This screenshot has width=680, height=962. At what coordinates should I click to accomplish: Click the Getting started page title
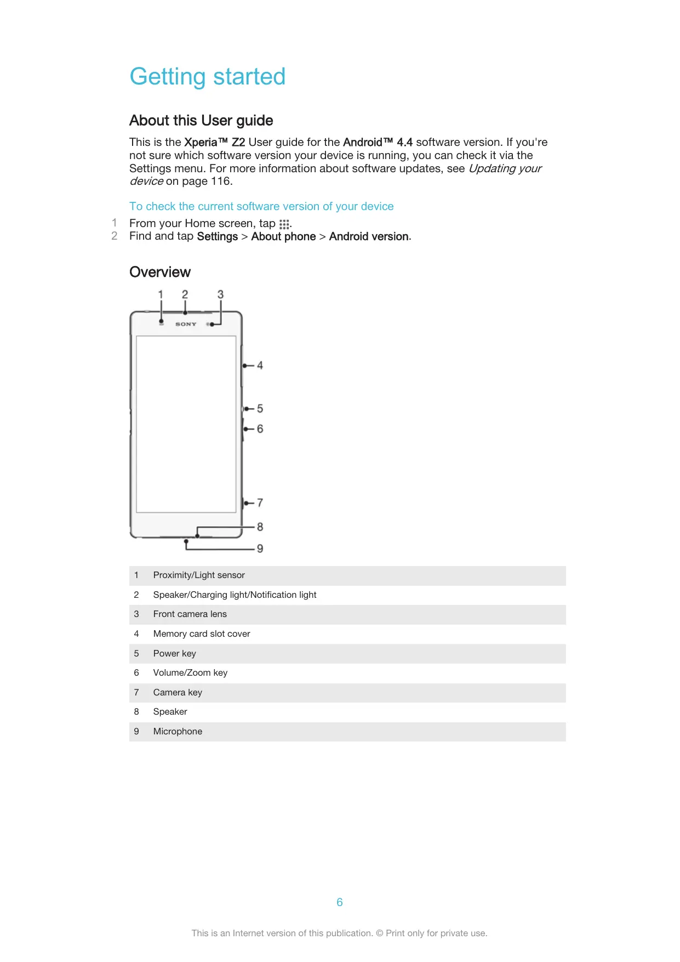(x=207, y=76)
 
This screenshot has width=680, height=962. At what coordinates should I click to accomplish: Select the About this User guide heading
(x=201, y=121)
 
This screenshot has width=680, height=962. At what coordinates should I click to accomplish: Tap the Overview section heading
(x=160, y=272)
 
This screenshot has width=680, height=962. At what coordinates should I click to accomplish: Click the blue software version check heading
(x=261, y=206)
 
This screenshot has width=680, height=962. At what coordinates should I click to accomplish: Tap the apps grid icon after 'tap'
(x=284, y=224)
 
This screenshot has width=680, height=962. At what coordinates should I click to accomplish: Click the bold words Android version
(x=369, y=236)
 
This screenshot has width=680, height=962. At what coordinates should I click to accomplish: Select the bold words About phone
(x=283, y=236)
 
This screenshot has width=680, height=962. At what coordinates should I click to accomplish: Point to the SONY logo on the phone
(x=186, y=324)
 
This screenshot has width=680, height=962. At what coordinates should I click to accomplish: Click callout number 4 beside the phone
(x=260, y=365)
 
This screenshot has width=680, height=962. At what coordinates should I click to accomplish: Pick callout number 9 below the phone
(x=260, y=548)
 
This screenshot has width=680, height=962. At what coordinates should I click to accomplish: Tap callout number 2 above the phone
(x=185, y=295)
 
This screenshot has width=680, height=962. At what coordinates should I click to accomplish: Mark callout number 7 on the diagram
(x=260, y=503)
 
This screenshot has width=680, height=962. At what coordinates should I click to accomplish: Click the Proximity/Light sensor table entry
(x=199, y=575)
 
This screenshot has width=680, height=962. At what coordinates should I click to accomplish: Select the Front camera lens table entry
(x=190, y=614)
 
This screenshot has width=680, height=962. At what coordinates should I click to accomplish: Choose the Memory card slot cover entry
(x=202, y=634)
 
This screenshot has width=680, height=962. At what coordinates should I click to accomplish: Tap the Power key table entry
(x=174, y=654)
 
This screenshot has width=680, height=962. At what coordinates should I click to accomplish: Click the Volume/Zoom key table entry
(x=190, y=673)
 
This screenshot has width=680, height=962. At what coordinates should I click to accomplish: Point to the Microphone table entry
(x=178, y=732)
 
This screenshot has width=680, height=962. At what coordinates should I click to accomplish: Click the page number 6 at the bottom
(x=340, y=902)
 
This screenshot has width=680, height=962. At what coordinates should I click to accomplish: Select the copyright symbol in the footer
(x=379, y=933)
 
